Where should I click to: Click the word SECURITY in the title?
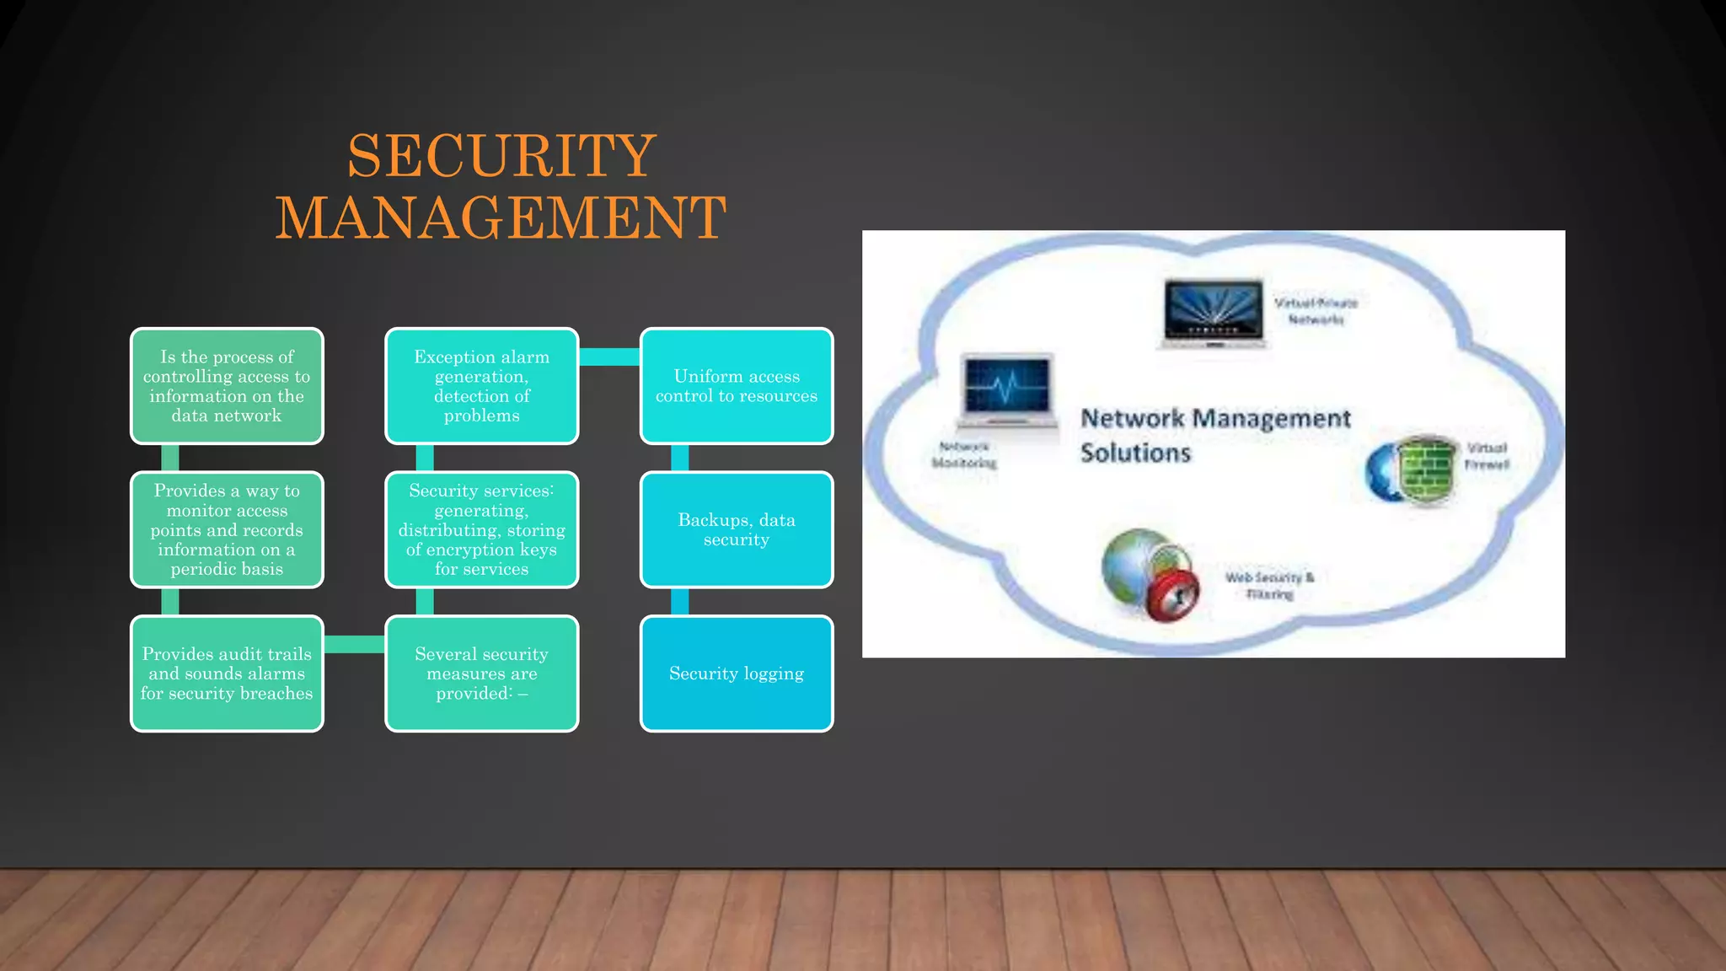[x=501, y=156]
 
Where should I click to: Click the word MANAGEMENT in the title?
[x=501, y=217]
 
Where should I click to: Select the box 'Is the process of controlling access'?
[x=227, y=386]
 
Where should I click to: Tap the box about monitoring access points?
[x=227, y=529]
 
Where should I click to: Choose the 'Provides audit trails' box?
[x=227, y=673]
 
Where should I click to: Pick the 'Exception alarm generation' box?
[x=481, y=386]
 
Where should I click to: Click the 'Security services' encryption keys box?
[x=481, y=529]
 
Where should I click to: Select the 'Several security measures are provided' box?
[x=481, y=673]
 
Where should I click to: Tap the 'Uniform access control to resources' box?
[x=737, y=386]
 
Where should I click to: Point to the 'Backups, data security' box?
[x=737, y=529]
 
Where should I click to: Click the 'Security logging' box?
[x=737, y=673]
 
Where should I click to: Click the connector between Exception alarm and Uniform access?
[x=609, y=357]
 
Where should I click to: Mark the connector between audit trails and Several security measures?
[x=354, y=645]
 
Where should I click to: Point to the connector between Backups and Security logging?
[x=679, y=602]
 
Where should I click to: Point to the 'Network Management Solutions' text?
[x=1214, y=435]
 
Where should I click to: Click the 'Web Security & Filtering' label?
[x=1269, y=586]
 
